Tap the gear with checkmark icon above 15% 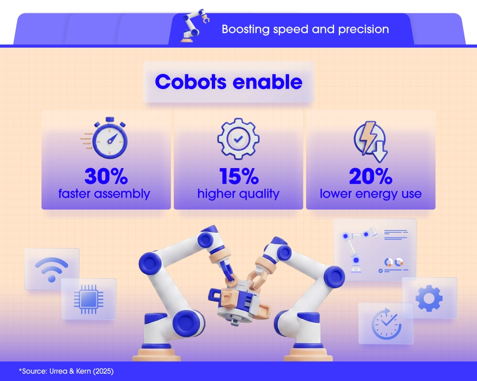point(238,138)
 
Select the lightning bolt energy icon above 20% point(370,139)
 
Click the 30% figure point(106,176)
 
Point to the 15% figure point(238,176)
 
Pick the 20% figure point(371,176)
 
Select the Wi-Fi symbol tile point(52,270)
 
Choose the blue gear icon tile point(429,298)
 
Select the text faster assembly point(104,194)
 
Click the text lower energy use point(371,194)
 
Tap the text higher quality point(238,194)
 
